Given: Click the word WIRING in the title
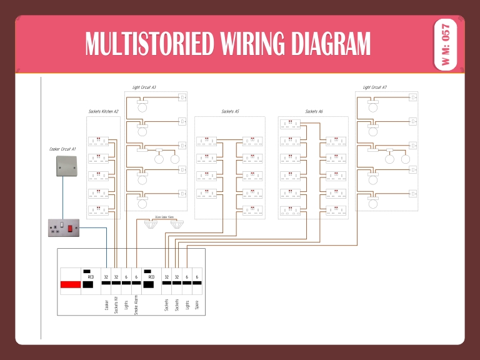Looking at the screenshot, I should pyautogui.click(x=246, y=44).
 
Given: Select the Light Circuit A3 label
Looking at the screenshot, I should pyautogui.click(x=144, y=87).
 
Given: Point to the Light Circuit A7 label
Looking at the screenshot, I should pyautogui.click(x=375, y=87).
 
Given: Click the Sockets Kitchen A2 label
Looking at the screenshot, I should pyautogui.click(x=103, y=111).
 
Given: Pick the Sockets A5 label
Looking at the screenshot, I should pyautogui.click(x=230, y=111).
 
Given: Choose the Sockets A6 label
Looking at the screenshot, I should pyautogui.click(x=314, y=111).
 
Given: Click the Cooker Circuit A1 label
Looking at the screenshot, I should pyautogui.click(x=62, y=149).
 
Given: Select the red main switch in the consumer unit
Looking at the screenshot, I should pyautogui.click(x=71, y=286).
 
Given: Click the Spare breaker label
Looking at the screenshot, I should pyautogui.click(x=197, y=304).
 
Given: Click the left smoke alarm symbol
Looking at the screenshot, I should pyautogui.click(x=150, y=224).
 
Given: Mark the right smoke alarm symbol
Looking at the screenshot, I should pyautogui.click(x=177, y=224).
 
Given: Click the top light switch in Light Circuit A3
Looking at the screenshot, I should pyautogui.click(x=183, y=97).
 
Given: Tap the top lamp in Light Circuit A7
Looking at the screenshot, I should pyautogui.click(x=374, y=107).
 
